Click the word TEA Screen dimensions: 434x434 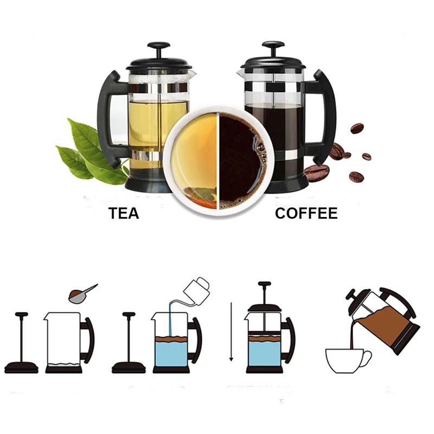pos(124,213)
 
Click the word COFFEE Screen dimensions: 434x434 pos(306,213)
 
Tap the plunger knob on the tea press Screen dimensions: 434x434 pos(158,46)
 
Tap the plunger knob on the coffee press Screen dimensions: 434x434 pos(273,45)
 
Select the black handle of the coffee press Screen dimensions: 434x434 pos(324,117)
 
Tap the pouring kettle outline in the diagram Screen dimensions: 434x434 pos(198,286)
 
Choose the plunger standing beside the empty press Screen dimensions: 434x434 pos(22,342)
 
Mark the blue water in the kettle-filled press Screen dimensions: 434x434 pos(170,353)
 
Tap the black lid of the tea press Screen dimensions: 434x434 pos(158,64)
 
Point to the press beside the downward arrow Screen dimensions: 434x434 pos(265,336)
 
